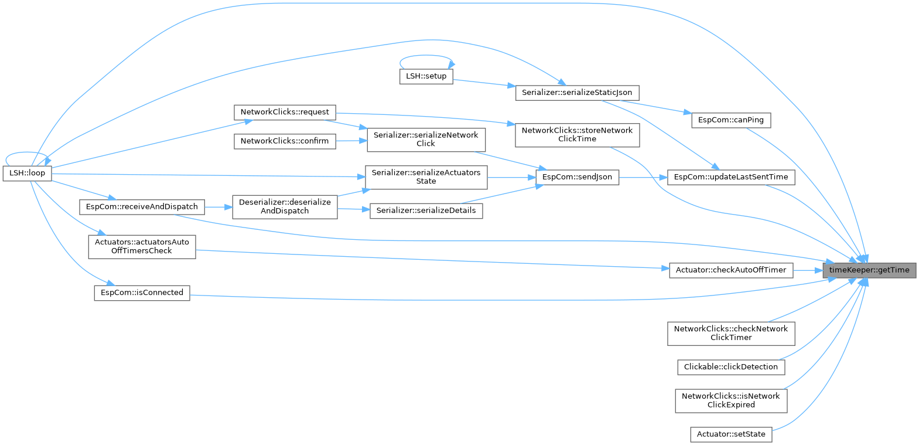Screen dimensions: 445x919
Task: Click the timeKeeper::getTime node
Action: (869, 270)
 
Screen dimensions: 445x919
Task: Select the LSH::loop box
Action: (27, 174)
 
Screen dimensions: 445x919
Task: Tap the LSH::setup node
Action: (426, 76)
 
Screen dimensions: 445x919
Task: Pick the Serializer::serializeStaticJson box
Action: (577, 93)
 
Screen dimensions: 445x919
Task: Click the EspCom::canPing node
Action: (731, 120)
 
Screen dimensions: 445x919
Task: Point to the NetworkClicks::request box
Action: (285, 112)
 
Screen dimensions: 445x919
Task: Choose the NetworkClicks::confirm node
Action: (285, 141)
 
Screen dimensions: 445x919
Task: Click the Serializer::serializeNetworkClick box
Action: (426, 140)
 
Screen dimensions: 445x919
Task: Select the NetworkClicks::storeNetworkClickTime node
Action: (577, 135)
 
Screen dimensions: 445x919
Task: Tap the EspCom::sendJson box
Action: (577, 177)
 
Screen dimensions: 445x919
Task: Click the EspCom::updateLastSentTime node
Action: (731, 177)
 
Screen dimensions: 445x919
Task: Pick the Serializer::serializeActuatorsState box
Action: (426, 177)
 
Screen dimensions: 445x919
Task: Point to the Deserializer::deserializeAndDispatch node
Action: (285, 207)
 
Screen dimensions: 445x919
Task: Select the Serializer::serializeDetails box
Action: (426, 210)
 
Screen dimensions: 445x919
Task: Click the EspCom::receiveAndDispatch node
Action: (142, 207)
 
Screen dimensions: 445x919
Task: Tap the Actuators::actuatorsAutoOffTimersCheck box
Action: (142, 246)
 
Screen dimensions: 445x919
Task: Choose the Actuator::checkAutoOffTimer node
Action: (731, 270)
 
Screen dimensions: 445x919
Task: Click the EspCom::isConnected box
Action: (142, 293)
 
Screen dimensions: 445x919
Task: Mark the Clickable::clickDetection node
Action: (731, 367)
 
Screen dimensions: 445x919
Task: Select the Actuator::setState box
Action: (731, 434)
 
